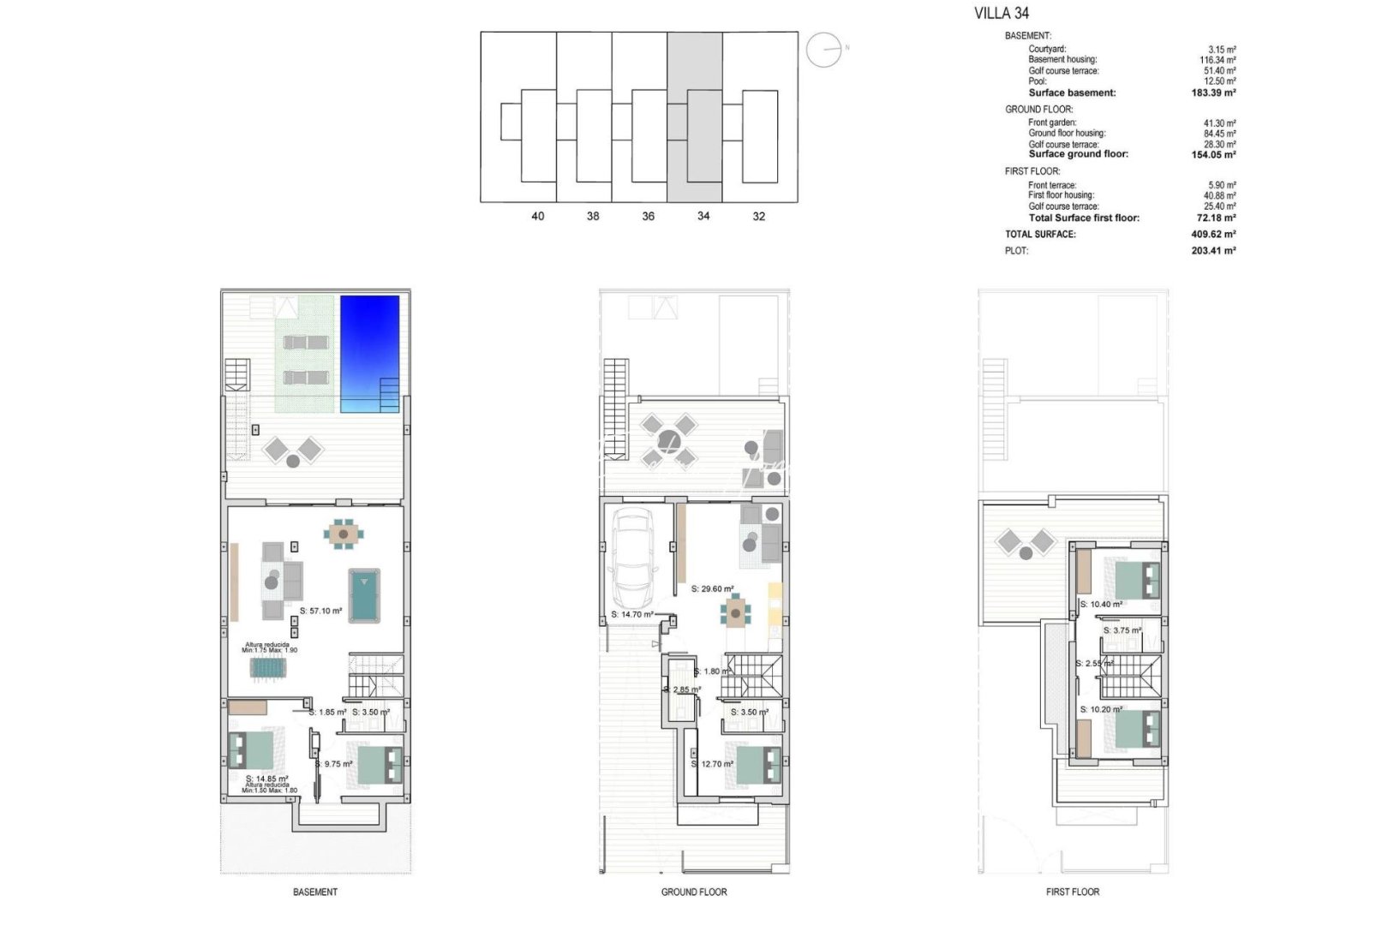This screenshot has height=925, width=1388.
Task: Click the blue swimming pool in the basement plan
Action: (x=369, y=353)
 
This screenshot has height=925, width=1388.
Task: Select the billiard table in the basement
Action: (x=364, y=594)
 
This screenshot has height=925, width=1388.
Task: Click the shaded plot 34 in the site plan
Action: (x=696, y=117)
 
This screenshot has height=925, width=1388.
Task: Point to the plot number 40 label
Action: (x=537, y=216)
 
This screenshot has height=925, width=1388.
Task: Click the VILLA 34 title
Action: (x=1001, y=13)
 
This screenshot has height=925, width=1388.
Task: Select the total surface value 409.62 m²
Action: (x=1212, y=234)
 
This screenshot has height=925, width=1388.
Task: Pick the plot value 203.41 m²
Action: (x=1212, y=250)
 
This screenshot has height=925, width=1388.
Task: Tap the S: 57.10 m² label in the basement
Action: (x=321, y=611)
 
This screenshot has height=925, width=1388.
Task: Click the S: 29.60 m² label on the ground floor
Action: (x=712, y=588)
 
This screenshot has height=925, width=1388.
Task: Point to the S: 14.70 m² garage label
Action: (x=632, y=614)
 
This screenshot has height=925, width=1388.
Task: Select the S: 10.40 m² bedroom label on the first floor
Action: (x=1101, y=604)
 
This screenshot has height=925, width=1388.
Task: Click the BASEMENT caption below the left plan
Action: (x=315, y=892)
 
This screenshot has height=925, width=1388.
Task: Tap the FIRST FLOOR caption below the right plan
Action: (x=1072, y=892)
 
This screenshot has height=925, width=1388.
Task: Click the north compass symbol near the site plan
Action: (x=824, y=50)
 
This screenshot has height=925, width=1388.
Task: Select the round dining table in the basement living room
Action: (x=343, y=534)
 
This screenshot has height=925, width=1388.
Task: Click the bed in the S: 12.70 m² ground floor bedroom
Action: (x=759, y=765)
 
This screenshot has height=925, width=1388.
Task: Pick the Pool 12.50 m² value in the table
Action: (x=1219, y=81)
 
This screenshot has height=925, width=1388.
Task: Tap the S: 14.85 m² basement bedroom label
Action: (x=266, y=779)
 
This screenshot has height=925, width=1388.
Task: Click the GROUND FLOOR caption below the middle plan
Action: (x=693, y=892)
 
